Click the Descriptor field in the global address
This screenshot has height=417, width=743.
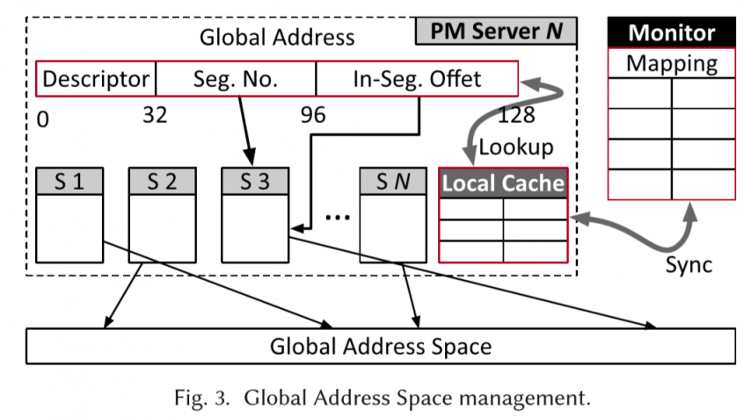pos(96,79)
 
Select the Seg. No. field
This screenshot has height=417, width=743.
pos(235,79)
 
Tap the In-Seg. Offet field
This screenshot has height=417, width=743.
pos(417,79)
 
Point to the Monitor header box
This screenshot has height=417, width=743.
pos(671,34)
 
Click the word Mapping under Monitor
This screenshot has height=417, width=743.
pos(671,64)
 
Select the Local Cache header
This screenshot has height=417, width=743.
pos(503,183)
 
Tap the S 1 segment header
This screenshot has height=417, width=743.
pos(69,182)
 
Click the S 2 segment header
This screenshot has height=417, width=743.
pos(161,182)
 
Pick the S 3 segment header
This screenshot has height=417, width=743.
pos(253,182)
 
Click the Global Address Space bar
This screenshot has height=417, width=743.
pos(380,346)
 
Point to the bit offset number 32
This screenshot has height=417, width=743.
pos(155,115)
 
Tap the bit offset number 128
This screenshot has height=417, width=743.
pos(515,115)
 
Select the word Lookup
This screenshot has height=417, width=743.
pos(515,147)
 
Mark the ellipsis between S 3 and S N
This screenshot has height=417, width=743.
pos(337,216)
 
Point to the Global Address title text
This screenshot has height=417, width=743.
pos(277,37)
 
